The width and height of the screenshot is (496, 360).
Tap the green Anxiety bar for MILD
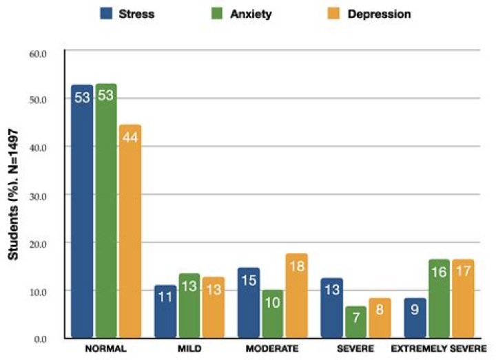(x=189, y=306)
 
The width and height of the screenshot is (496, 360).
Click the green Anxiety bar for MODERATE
(x=271, y=314)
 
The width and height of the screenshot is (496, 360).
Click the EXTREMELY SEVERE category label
(x=439, y=348)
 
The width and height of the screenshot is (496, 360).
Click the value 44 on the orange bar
(x=130, y=138)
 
